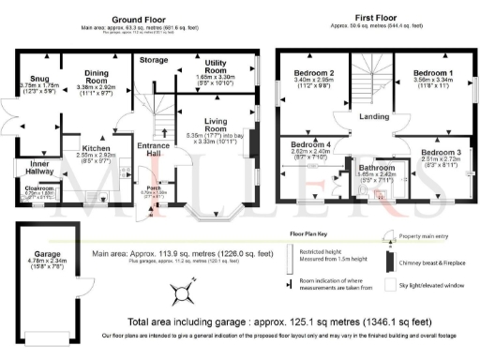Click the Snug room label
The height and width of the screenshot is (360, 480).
tap(37, 79)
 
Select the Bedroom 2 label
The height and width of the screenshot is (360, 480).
tap(314, 73)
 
